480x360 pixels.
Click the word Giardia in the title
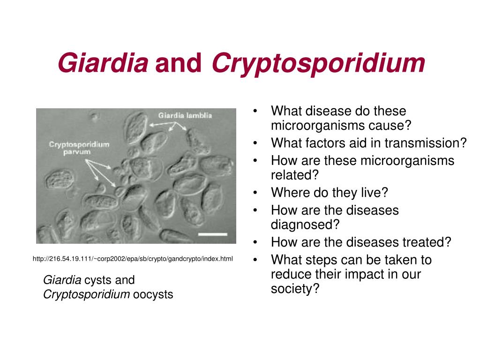coord(103,63)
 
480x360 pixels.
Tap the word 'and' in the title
coord(179,63)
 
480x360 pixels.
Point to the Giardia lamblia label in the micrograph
coord(185,115)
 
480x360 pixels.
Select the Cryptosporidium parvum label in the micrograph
coord(79,148)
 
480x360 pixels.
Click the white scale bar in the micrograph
coord(212,234)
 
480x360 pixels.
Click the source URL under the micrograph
coord(133,259)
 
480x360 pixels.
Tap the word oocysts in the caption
coord(153,294)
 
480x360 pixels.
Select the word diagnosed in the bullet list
coord(305,225)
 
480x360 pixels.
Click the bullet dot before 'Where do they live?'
coord(255,193)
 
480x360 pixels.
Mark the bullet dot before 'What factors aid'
coord(255,143)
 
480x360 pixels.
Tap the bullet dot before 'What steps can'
coord(255,260)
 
